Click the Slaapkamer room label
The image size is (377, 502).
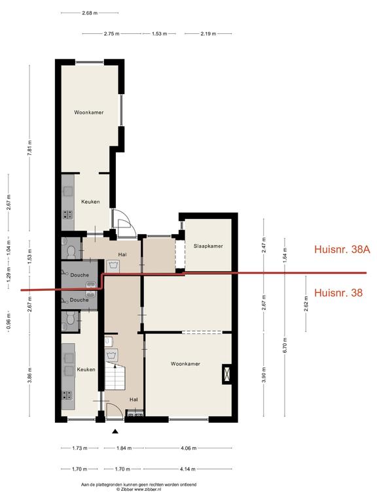208,246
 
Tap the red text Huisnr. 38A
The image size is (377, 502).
342,250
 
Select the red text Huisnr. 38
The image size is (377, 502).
338,293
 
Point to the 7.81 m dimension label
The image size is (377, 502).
29,148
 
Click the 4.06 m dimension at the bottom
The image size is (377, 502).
188,448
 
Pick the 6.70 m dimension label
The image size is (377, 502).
285,345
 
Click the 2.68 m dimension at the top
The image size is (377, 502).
90,13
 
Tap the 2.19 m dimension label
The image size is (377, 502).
208,33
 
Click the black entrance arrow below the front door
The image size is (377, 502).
115,431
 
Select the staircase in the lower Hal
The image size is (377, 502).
115,376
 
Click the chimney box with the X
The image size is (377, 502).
227,374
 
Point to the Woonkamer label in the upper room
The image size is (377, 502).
89,112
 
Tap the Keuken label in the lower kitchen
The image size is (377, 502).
86,369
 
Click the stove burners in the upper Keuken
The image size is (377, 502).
67,214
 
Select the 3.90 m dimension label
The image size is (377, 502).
264,375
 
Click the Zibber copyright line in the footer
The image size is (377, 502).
139,489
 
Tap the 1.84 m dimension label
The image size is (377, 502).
124,448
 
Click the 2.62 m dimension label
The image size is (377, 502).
306,303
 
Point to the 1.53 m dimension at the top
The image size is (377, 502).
159,33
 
